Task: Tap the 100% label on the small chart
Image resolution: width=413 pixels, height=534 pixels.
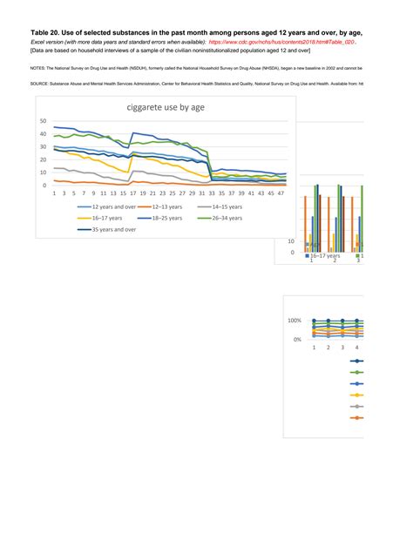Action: (x=294, y=321)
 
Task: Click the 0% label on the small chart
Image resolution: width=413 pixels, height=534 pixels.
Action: (x=296, y=339)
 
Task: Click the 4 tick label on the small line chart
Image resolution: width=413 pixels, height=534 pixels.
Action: (x=357, y=347)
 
